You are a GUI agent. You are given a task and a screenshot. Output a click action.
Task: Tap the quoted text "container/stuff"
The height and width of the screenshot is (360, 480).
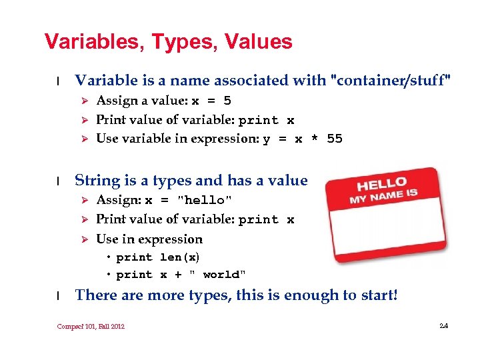[x=391, y=81]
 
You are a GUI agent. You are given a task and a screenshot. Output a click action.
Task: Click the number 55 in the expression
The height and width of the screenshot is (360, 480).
[x=335, y=139]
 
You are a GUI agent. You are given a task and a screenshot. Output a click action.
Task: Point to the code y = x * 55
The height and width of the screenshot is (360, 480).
[x=303, y=139]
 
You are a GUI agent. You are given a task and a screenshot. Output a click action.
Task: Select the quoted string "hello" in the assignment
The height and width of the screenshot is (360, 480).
[x=205, y=200]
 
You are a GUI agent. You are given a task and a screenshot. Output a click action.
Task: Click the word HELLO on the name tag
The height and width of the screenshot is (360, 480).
[x=381, y=183]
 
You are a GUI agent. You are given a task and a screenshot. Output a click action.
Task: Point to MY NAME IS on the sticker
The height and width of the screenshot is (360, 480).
[x=383, y=196]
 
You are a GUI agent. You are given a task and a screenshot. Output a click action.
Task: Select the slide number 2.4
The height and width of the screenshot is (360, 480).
[x=444, y=325]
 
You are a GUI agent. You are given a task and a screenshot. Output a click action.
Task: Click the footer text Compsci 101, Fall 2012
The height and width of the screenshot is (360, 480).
[x=91, y=326]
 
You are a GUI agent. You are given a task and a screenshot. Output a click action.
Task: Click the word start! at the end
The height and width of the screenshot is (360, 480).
[x=377, y=295]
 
